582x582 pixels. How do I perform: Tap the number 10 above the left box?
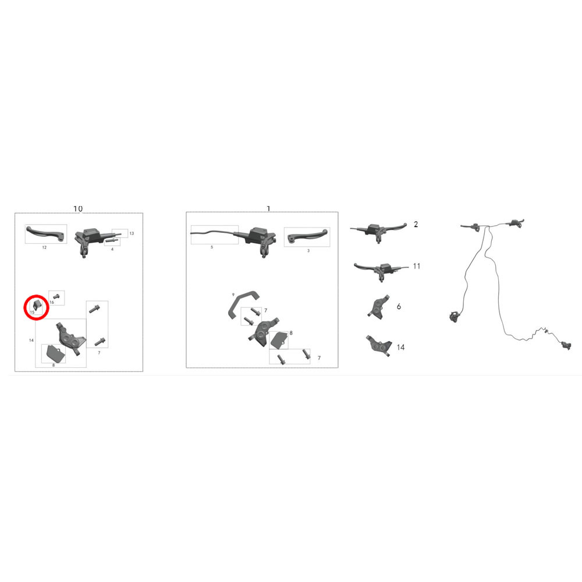(x=78, y=208)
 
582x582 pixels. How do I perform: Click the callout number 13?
(x=132, y=233)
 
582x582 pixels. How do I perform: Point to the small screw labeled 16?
(x=56, y=296)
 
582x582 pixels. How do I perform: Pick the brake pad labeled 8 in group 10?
(x=54, y=354)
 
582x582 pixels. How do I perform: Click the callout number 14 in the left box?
(x=31, y=340)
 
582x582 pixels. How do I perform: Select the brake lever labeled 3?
(x=308, y=235)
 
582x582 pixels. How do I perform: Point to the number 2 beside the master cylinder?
(x=416, y=224)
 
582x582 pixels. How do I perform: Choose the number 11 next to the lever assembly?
(x=417, y=266)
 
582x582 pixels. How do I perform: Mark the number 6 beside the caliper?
(x=399, y=306)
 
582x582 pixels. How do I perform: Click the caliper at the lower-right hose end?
(x=566, y=346)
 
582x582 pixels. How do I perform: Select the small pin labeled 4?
(x=112, y=241)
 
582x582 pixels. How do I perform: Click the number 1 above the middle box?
(x=268, y=208)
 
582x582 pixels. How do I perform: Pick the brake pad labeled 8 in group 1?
(x=279, y=340)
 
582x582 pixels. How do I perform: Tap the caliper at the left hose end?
(x=454, y=317)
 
